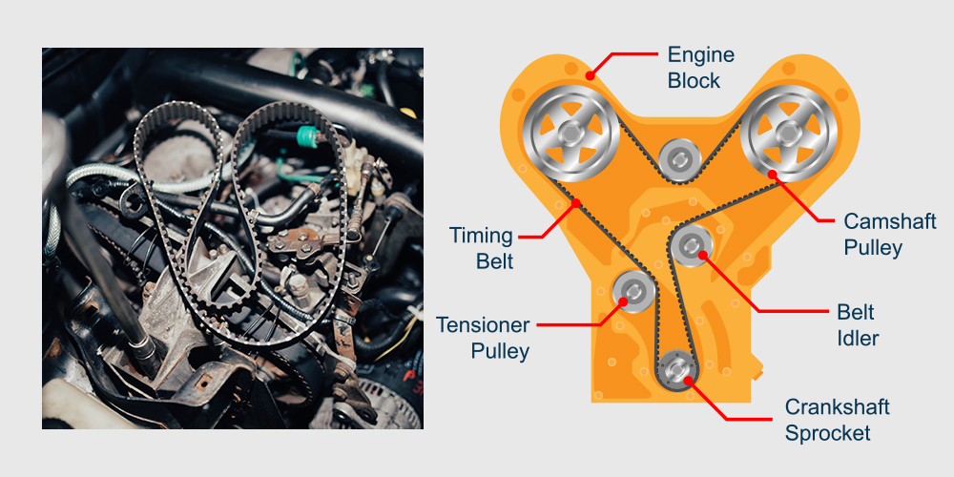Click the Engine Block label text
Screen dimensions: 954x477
(701, 68)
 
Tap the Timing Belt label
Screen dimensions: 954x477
(482, 248)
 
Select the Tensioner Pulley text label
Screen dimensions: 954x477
(483, 339)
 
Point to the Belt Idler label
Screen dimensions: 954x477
(858, 325)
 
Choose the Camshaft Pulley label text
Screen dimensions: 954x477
(889, 235)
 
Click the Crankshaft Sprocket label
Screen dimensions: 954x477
(837, 420)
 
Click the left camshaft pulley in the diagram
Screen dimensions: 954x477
(570, 134)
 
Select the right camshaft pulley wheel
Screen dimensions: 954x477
(789, 134)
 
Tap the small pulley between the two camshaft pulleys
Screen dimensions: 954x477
(680, 160)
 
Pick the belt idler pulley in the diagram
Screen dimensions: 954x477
(693, 246)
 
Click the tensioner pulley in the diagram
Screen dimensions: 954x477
(633, 291)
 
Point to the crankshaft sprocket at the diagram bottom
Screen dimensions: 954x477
(677, 368)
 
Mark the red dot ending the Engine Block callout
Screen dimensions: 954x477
(589, 75)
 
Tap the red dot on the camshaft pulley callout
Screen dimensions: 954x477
(773, 174)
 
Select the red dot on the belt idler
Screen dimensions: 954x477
(702, 255)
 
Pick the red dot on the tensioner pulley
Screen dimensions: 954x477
(623, 301)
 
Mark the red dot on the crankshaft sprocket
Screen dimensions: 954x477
(687, 381)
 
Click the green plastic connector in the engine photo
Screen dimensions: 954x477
(308, 137)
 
